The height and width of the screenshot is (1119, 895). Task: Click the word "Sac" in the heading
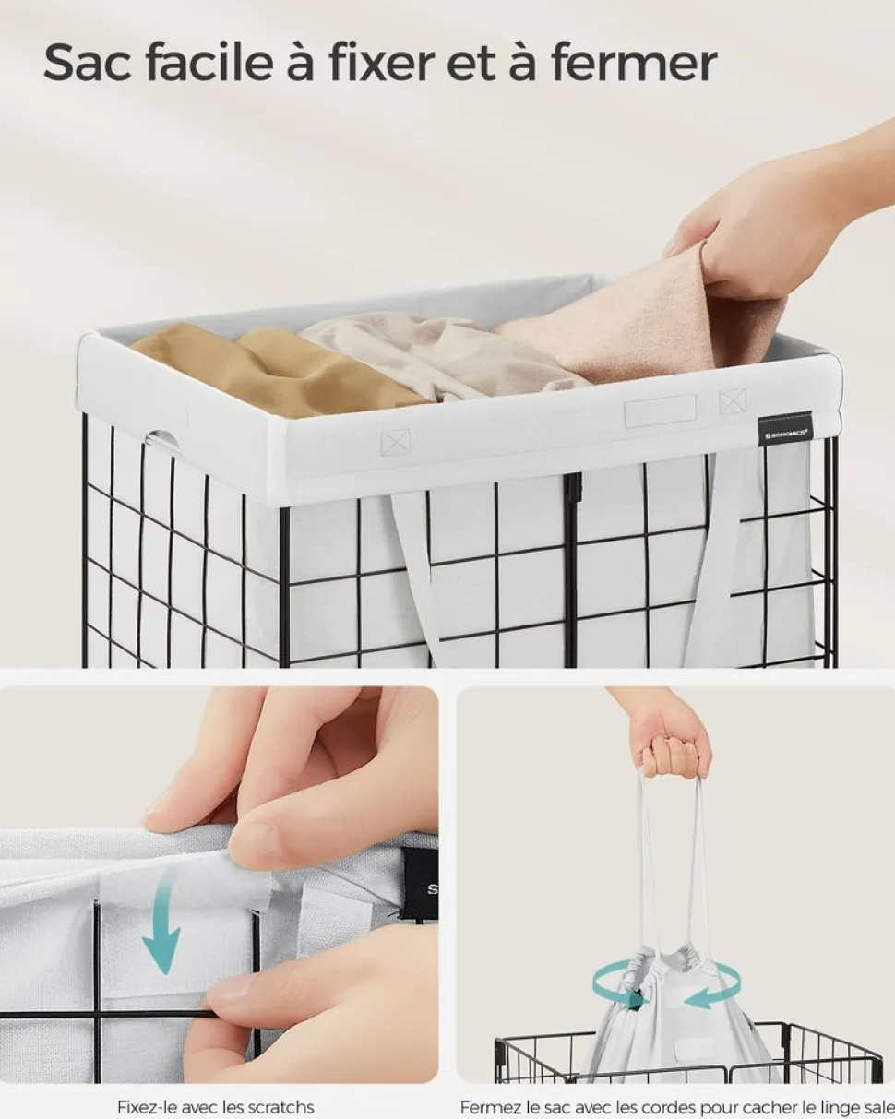click(x=87, y=64)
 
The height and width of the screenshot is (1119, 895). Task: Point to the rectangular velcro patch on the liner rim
click(x=660, y=411)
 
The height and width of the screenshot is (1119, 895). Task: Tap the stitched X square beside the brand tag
click(x=733, y=402)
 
